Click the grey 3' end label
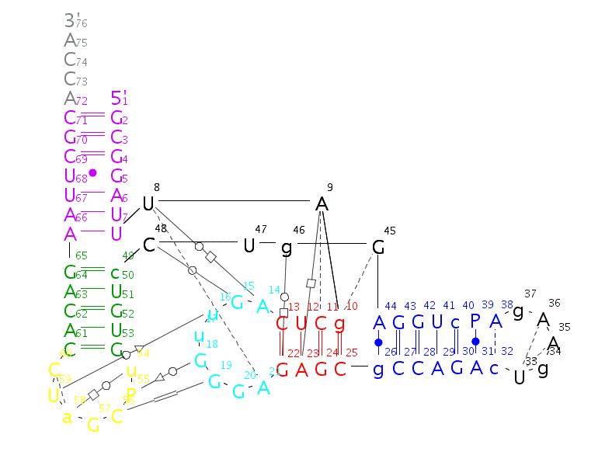(70, 21)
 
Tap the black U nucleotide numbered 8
(148, 204)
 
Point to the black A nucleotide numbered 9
(322, 204)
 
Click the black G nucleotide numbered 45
(378, 247)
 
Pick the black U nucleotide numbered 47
(249, 245)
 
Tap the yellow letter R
(132, 393)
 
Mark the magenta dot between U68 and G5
(92, 172)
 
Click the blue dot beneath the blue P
(475, 342)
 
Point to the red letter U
(301, 323)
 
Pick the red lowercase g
(339, 323)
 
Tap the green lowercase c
(115, 273)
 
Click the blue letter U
(436, 322)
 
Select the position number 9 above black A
(330, 187)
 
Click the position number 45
(389, 230)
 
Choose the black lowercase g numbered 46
(287, 248)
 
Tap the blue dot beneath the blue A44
(378, 342)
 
